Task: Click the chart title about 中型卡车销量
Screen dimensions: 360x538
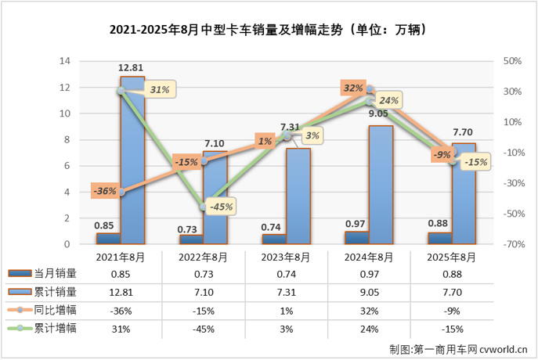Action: click(x=269, y=31)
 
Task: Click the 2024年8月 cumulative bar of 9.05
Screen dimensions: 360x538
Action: click(x=381, y=184)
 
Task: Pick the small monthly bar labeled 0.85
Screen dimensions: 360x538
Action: click(x=108, y=238)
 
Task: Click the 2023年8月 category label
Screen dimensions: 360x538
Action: click(x=285, y=257)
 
